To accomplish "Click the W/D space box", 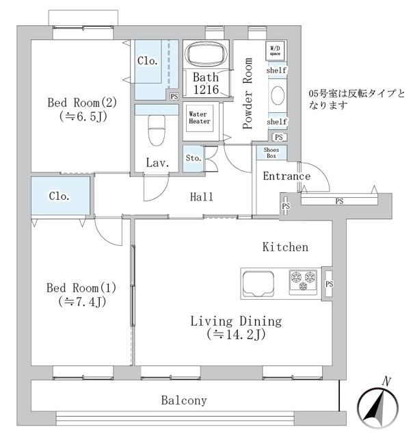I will coord(275,51).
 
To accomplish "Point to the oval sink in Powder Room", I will coord(277,96).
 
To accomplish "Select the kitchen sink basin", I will coord(258,281).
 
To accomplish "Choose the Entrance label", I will coord(286,177).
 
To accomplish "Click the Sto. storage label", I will coord(194,158).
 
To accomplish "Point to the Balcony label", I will coord(184,401).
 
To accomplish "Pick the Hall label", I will coord(202,197).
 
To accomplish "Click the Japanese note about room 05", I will coord(357,100).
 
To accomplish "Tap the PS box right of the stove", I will coord(329,283).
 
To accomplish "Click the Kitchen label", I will coord(285,247).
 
